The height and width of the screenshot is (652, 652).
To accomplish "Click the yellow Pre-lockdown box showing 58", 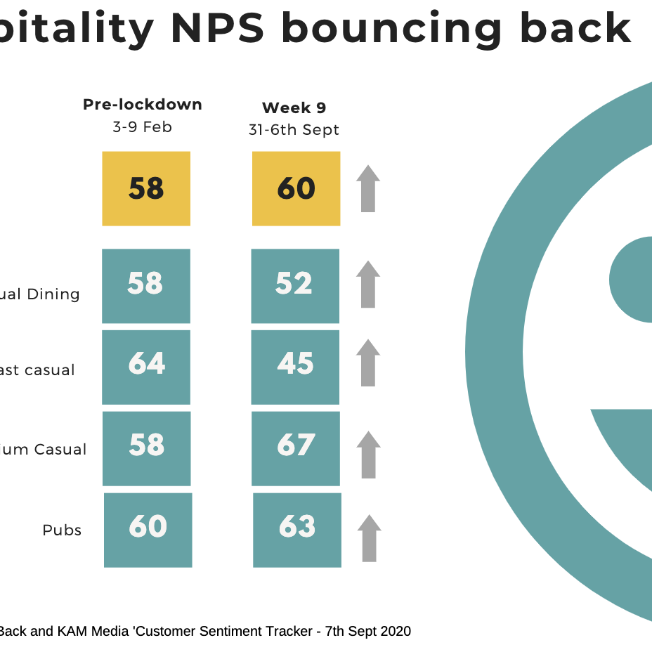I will point(146,188).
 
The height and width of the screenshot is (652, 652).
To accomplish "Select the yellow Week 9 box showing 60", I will point(296,188).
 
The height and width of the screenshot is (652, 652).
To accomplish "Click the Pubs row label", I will point(62,530).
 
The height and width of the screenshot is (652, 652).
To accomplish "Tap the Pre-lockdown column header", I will point(143,105).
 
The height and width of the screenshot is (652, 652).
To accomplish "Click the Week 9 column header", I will point(294,108).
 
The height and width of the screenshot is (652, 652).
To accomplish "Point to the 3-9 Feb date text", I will point(143,127).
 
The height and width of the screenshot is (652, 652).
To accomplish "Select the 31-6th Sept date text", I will point(294,130).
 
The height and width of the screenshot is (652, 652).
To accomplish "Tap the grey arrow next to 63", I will point(370,538).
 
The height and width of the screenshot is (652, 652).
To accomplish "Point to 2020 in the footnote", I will point(395,631).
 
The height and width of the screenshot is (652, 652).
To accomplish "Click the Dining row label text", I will point(53,294).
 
